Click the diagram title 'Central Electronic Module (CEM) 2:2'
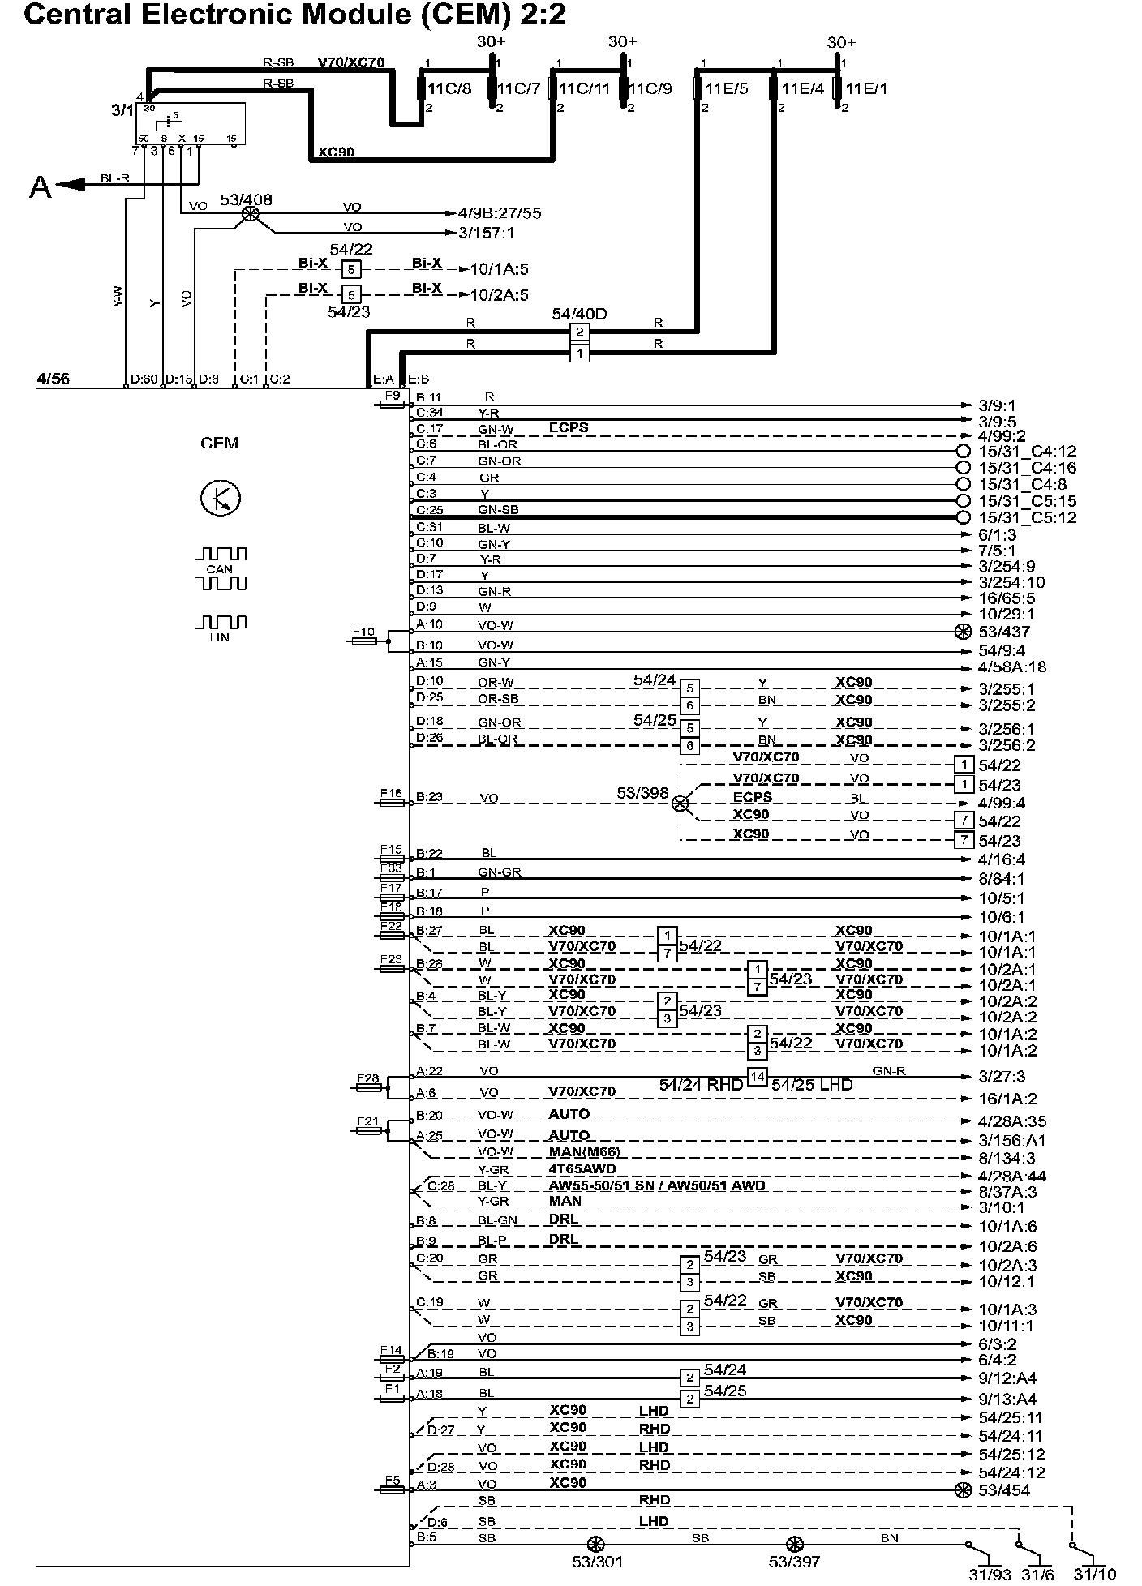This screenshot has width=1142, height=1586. click(294, 15)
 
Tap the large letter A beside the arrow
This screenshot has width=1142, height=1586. click(40, 187)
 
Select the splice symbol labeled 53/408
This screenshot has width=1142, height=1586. click(251, 214)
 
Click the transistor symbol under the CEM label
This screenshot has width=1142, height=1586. click(220, 498)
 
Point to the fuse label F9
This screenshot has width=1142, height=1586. click(393, 396)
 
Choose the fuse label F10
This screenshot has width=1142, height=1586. click(363, 632)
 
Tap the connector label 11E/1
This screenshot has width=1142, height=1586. click(866, 88)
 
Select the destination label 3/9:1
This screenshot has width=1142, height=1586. click(997, 405)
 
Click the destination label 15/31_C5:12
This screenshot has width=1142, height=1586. click(1028, 518)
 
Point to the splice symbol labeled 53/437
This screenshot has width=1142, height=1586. click(963, 632)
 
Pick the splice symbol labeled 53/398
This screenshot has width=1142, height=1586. click(680, 803)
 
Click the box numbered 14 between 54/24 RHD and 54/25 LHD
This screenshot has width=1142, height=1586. click(757, 1077)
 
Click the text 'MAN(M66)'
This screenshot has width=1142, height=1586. click(584, 1152)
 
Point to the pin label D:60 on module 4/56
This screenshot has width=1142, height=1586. click(144, 379)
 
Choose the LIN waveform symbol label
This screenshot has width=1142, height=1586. click(219, 637)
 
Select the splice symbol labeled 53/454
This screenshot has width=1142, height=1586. click(963, 1490)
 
